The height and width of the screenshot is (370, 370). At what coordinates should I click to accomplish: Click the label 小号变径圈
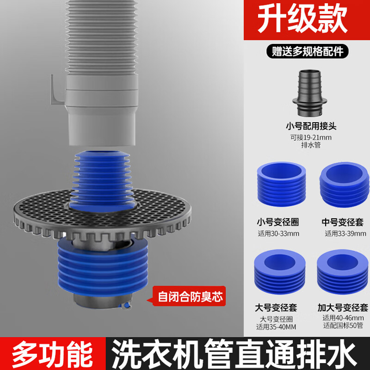277,222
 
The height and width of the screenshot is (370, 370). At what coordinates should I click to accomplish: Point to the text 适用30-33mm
278,234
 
